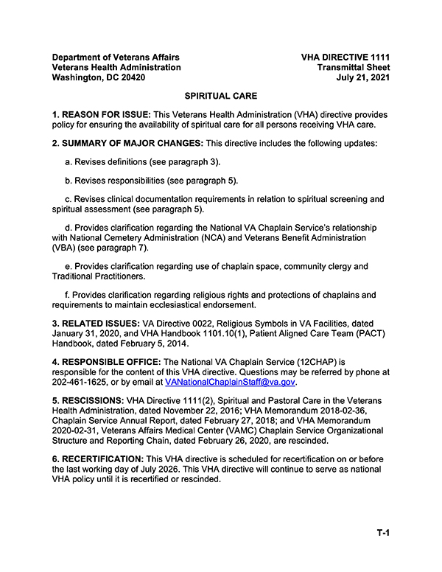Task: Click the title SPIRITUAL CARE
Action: pos(220,97)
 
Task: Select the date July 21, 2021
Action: pos(363,77)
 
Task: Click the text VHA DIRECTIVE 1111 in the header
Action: pos(345,57)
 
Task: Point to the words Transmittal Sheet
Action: pos(354,67)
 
